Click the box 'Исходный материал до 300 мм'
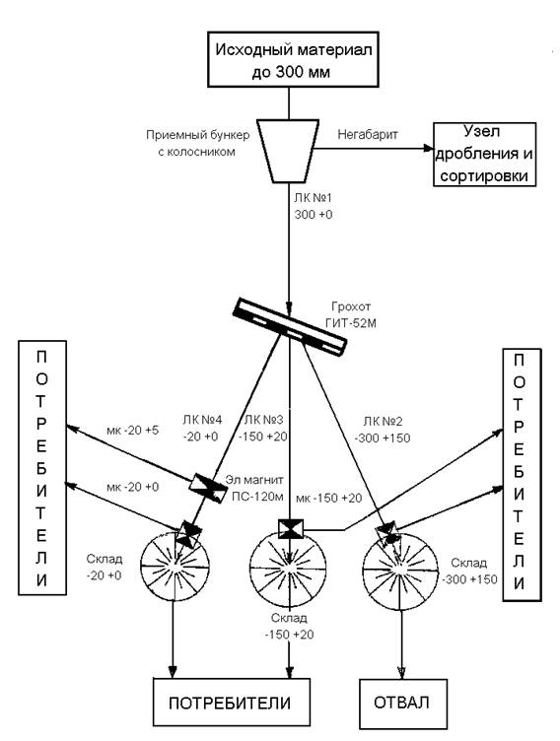tap(293, 59)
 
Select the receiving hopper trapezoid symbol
tap(288, 151)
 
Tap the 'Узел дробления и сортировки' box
tap(485, 155)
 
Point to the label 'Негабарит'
tap(368, 134)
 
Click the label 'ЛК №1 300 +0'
tap(314, 206)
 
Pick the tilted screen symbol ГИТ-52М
tap(290, 326)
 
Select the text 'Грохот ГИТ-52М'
tap(351, 315)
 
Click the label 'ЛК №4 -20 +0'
tap(202, 428)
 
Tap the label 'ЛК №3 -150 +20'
tap(263, 428)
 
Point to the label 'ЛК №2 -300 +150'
tap(383, 430)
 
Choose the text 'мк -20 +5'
tap(132, 430)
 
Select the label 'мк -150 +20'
tap(329, 498)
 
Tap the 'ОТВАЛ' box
tap(403, 704)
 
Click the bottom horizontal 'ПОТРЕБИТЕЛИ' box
tap(232, 703)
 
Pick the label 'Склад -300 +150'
tap(469, 571)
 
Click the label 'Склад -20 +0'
tap(105, 568)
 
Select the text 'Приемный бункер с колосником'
tap(197, 143)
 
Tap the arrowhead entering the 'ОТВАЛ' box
tap(401, 673)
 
